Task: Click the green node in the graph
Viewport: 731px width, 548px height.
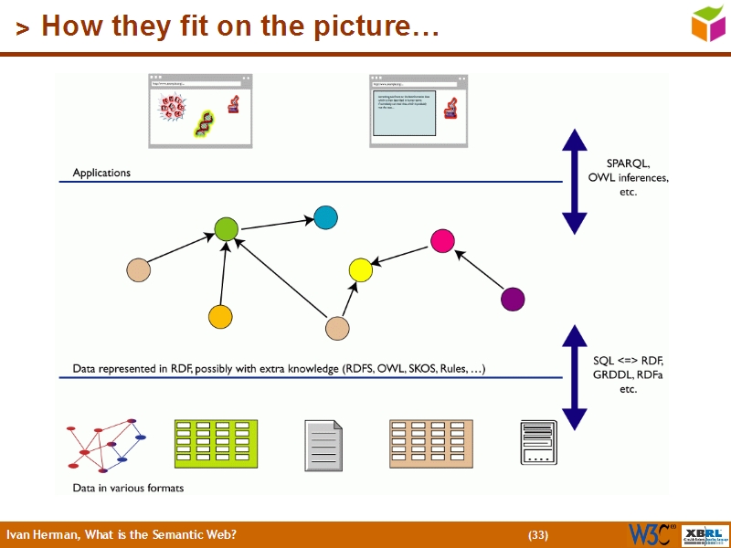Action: tap(226, 229)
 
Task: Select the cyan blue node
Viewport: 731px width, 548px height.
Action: tap(325, 217)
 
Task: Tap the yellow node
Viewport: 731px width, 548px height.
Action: tap(361, 269)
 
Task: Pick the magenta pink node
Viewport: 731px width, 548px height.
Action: tap(442, 240)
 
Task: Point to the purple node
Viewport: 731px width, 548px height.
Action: tap(514, 299)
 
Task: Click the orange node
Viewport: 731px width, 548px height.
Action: tap(220, 316)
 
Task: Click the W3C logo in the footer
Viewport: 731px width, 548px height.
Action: tap(652, 534)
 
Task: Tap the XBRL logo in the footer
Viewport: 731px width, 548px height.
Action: tap(704, 534)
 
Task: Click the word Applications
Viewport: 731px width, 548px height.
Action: tap(101, 173)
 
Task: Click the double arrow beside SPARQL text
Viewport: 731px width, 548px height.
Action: tap(574, 181)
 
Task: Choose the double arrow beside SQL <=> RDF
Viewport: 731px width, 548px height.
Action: tap(574, 376)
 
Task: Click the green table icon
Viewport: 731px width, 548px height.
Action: tap(216, 445)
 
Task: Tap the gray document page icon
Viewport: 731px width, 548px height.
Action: tap(323, 446)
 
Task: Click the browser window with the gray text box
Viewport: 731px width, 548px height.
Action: tap(418, 110)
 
